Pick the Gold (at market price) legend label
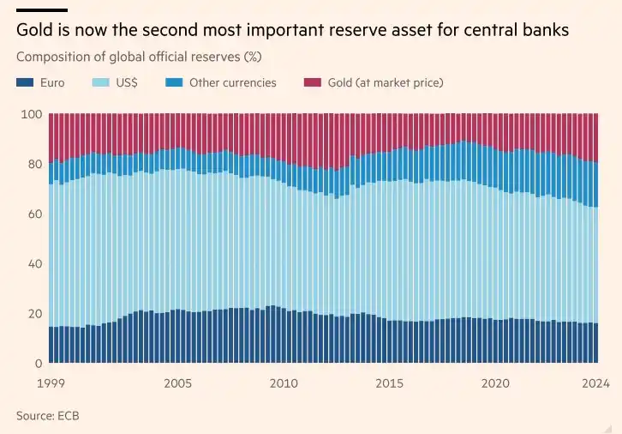(x=385, y=83)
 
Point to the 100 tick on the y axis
(x=32, y=115)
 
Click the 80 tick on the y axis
(x=34, y=165)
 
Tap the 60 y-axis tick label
(x=34, y=214)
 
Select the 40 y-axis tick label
(x=34, y=264)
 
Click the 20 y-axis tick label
(x=34, y=314)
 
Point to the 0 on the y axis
(x=38, y=364)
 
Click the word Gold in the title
(x=34, y=32)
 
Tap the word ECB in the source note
(x=69, y=415)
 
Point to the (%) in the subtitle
(x=252, y=57)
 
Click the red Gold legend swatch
(x=312, y=83)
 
